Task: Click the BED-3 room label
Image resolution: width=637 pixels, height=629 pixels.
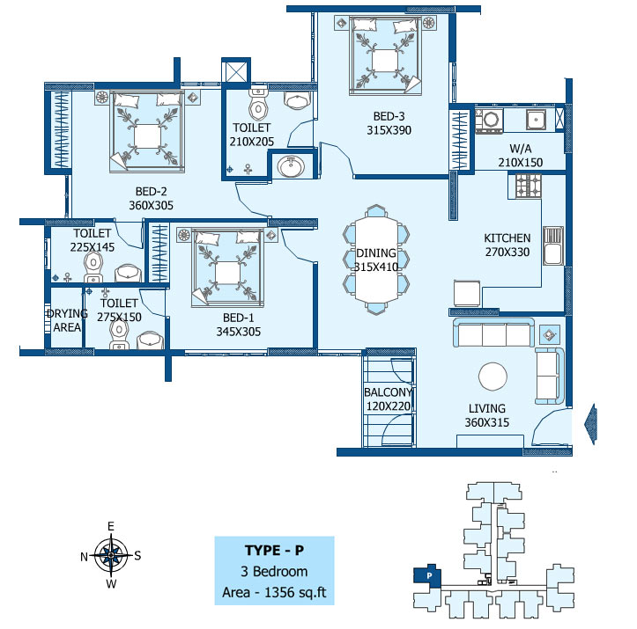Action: (389, 116)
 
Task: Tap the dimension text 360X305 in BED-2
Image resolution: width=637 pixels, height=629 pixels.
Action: (152, 205)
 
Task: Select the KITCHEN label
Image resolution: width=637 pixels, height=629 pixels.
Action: (507, 238)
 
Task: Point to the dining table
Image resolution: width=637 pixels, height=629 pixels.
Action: (376, 260)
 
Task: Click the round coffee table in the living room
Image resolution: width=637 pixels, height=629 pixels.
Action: (493, 377)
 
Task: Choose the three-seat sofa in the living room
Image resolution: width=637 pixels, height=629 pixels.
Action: (493, 333)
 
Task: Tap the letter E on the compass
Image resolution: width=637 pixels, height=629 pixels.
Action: (110, 526)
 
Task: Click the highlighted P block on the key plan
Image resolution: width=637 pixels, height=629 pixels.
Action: (426, 575)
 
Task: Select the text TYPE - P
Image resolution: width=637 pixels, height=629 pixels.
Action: (274, 551)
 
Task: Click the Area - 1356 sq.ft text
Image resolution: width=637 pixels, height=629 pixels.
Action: (274, 593)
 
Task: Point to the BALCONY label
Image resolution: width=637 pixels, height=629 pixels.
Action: (389, 392)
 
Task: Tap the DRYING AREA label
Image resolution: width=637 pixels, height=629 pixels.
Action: (67, 320)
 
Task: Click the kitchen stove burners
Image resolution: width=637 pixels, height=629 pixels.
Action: (529, 187)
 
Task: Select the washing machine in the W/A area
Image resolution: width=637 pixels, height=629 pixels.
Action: (490, 121)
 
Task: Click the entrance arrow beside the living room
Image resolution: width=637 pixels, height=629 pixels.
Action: (590, 424)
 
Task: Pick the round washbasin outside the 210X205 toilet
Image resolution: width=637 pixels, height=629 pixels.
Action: (291, 166)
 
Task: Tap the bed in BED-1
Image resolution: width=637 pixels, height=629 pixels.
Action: (227, 268)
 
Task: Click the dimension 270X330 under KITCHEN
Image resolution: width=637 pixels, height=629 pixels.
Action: (507, 252)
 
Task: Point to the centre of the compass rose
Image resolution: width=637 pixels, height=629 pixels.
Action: (111, 555)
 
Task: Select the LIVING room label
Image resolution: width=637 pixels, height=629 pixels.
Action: (487, 408)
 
